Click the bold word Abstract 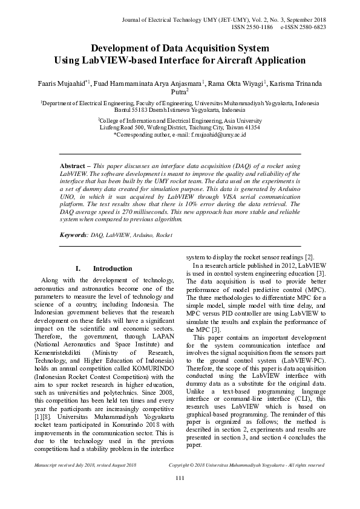tap(73, 166)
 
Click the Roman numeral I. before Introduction tap(79, 268)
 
